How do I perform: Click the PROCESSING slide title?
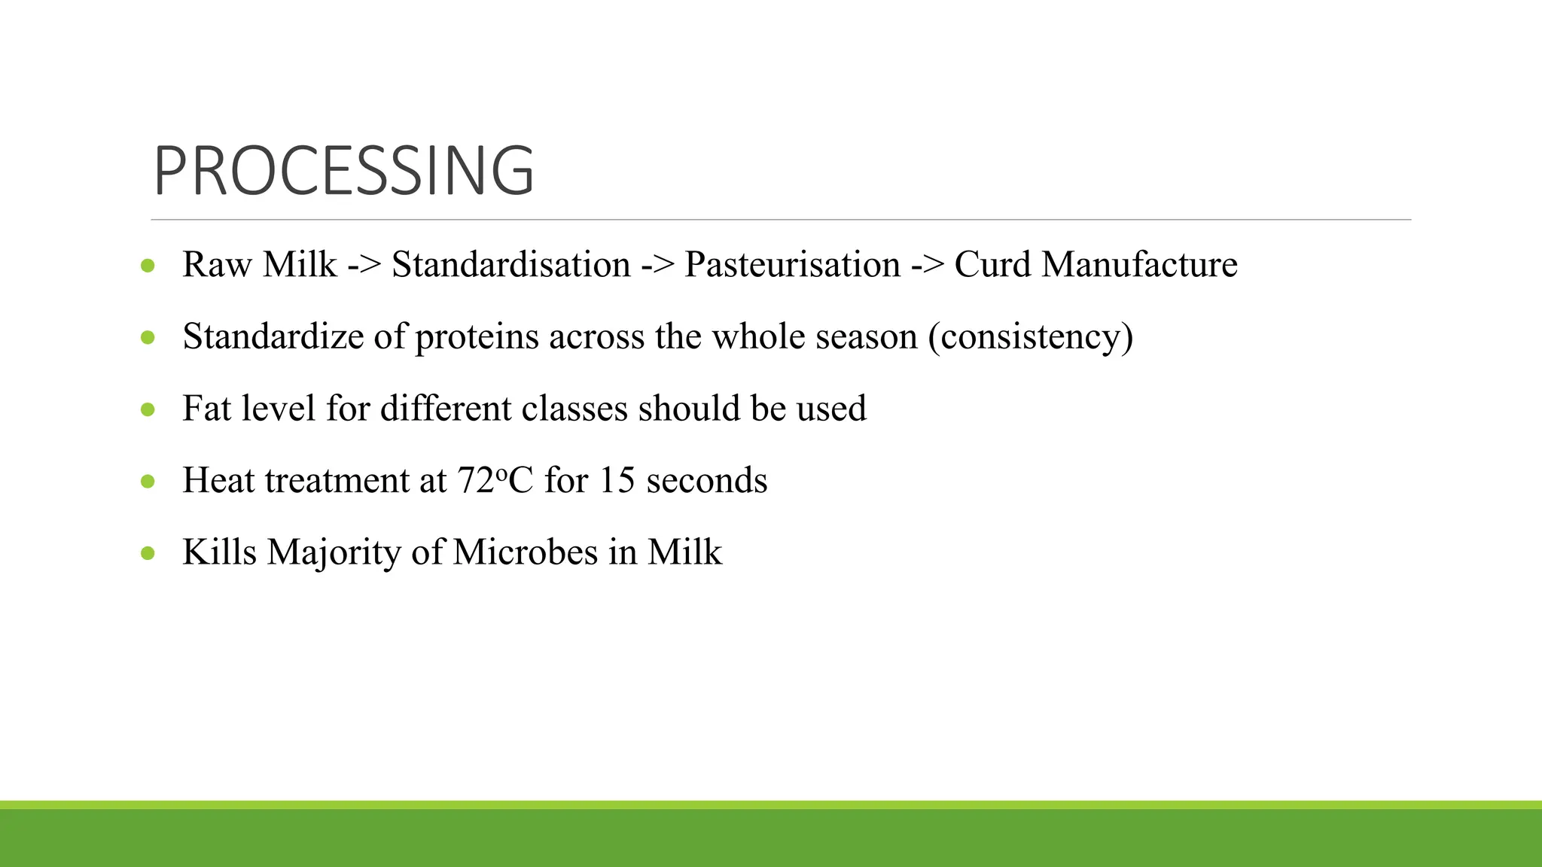(343, 172)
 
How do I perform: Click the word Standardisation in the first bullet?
(511, 265)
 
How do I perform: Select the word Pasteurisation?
(792, 265)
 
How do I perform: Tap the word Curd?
(992, 265)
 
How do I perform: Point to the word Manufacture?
(1139, 265)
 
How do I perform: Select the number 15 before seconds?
(617, 481)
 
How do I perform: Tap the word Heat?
(218, 481)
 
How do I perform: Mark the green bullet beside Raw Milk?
(148, 266)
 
